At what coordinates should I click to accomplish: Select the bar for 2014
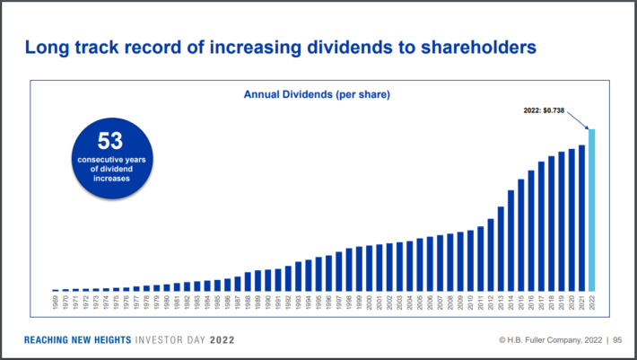click(x=510, y=241)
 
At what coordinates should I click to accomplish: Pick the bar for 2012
click(x=491, y=255)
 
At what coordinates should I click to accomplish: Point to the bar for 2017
click(x=541, y=226)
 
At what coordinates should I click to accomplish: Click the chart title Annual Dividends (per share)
click(x=318, y=93)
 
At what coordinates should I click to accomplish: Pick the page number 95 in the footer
click(x=619, y=340)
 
